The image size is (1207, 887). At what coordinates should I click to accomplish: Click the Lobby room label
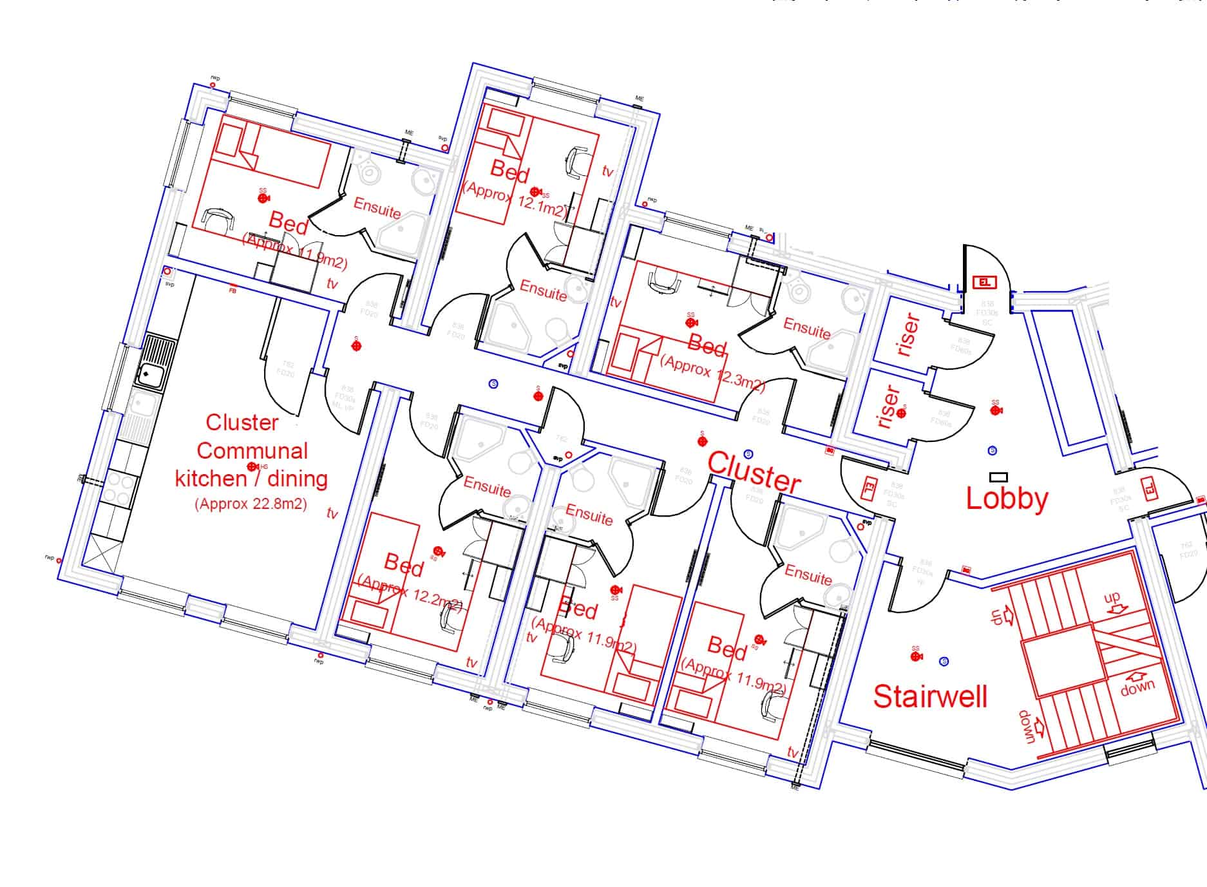1007,499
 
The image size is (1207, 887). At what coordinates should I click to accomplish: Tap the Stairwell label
930,696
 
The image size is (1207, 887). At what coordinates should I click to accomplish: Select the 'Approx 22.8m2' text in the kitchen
251,504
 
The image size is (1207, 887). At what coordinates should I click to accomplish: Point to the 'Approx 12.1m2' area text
515,200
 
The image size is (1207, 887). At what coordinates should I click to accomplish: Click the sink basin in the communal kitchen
149,373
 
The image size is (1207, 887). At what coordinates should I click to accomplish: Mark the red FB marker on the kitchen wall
233,289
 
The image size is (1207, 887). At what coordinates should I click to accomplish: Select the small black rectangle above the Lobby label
998,477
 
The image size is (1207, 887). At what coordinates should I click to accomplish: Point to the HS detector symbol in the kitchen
252,466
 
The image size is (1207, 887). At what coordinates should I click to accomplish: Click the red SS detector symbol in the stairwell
915,656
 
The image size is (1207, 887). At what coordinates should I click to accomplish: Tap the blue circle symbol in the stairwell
944,661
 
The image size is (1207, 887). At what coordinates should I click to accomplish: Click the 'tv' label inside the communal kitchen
332,513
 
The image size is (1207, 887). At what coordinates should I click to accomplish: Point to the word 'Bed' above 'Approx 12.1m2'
509,171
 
